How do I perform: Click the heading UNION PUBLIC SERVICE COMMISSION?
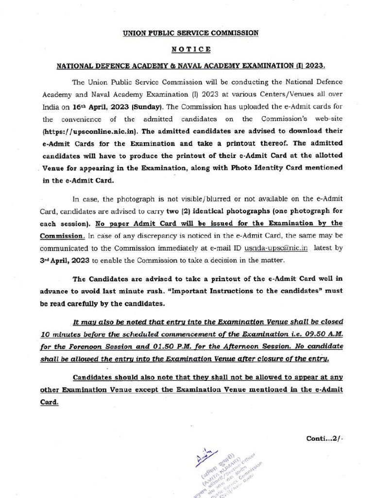pos(190,33)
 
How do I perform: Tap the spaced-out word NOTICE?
pos(191,49)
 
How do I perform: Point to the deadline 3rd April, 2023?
pos(64,260)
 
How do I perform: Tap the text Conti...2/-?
pos(324,438)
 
